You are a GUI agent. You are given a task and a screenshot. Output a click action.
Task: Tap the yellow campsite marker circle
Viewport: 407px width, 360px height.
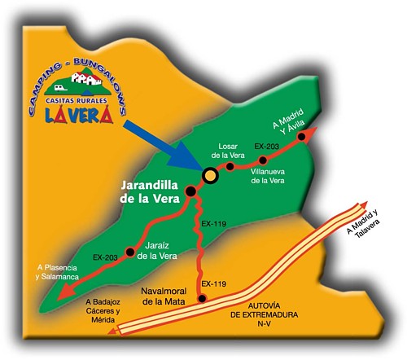210,175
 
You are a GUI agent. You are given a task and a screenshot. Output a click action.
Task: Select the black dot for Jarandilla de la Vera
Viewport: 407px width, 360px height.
190,191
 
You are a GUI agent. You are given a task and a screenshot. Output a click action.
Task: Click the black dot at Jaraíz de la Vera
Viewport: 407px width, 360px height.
129,251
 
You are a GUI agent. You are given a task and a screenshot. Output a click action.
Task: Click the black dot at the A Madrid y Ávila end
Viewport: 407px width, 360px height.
302,137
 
